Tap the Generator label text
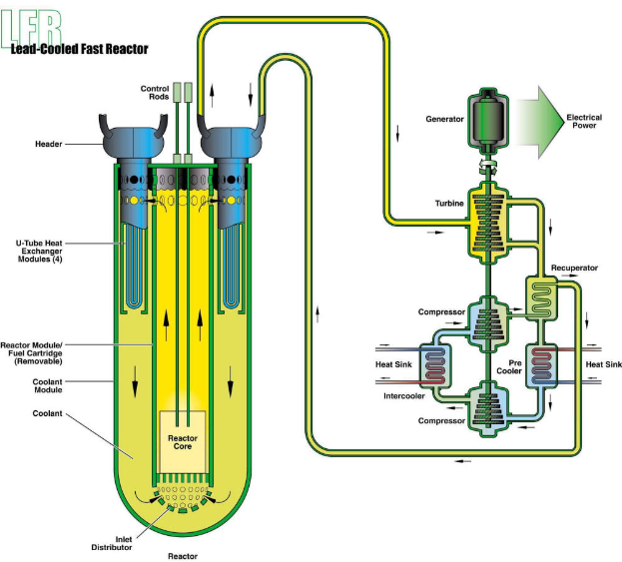coord(444,119)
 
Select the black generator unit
coord(489,118)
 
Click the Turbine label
coord(449,204)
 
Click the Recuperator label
coord(574,269)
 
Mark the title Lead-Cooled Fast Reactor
coord(80,48)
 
